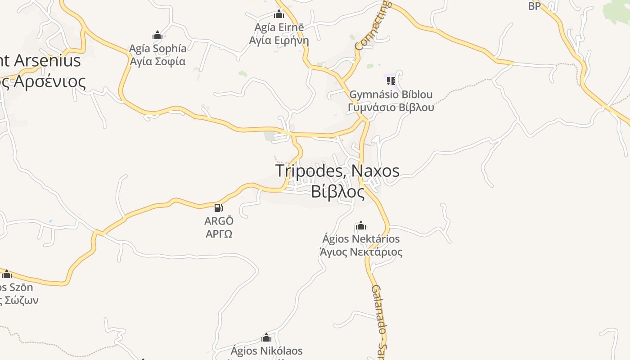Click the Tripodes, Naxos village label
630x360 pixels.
(x=337, y=171)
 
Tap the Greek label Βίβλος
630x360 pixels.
(x=337, y=191)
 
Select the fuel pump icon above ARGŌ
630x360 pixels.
(x=219, y=208)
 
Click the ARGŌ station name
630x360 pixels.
(x=219, y=221)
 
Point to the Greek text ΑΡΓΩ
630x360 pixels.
(x=219, y=234)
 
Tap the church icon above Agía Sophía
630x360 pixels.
(x=157, y=35)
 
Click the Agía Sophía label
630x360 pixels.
(x=157, y=48)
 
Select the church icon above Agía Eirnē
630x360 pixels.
(x=279, y=14)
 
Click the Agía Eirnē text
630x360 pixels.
(x=279, y=27)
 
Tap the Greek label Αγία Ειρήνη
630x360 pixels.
(x=279, y=40)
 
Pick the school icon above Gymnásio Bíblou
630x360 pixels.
(x=391, y=81)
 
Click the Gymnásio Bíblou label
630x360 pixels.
(x=391, y=94)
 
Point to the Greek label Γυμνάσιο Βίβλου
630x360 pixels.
(x=391, y=108)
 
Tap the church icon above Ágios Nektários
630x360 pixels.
(x=360, y=225)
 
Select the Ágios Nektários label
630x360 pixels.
(x=361, y=238)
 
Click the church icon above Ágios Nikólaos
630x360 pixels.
(x=266, y=337)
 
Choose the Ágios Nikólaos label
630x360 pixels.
(x=266, y=351)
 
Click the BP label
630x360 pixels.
(x=534, y=6)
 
